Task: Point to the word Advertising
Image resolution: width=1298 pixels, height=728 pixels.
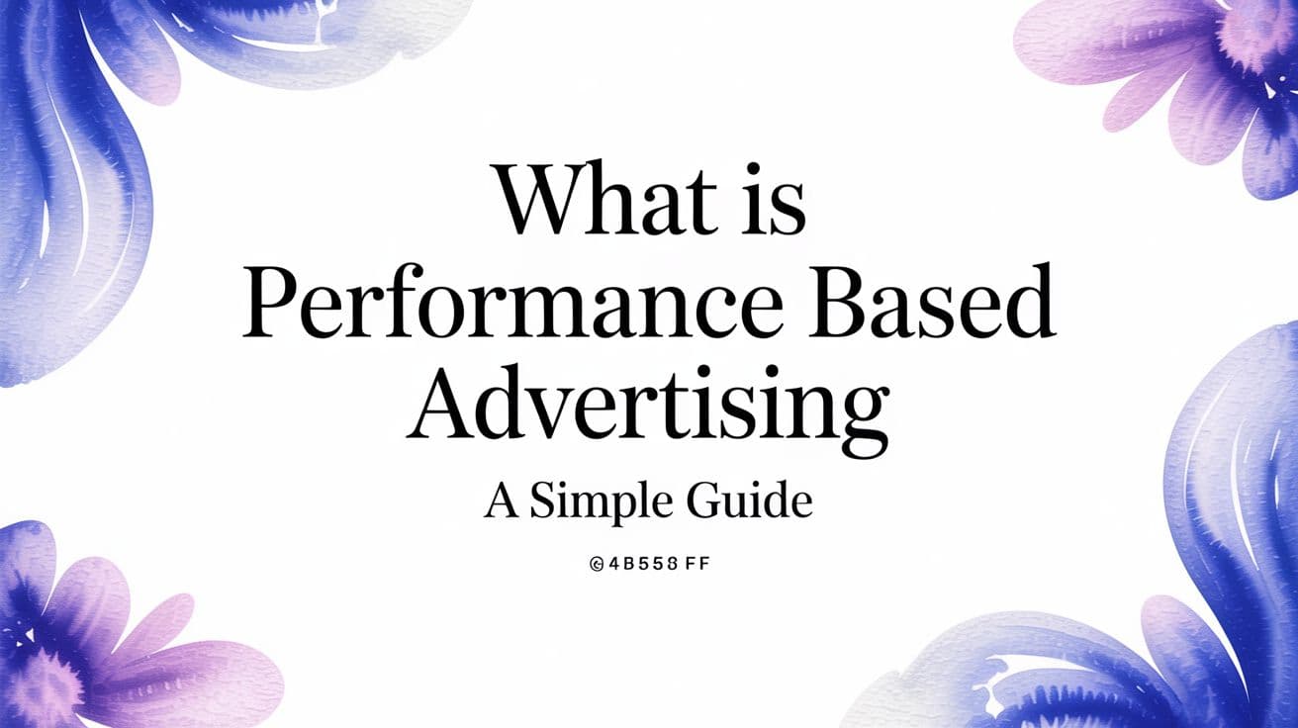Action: click(x=649, y=407)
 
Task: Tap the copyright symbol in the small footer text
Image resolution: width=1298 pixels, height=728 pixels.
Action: click(x=597, y=566)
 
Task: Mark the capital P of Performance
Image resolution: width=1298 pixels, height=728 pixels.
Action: click(x=267, y=301)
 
